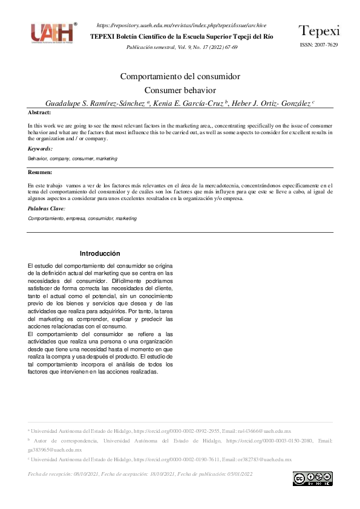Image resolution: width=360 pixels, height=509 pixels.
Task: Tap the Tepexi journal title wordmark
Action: pos(319,31)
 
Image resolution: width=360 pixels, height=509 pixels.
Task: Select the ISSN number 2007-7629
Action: pos(327,45)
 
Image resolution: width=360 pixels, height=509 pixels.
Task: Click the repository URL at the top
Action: pos(182,25)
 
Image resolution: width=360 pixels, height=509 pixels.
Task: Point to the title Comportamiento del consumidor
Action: pos(180,77)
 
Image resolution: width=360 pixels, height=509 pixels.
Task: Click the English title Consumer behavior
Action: pos(180,90)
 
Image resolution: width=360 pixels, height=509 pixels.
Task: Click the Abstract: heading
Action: pos(40,113)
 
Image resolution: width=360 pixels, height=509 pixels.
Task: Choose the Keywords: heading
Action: pos(41,149)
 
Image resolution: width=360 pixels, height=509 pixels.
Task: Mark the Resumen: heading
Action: pos(41,173)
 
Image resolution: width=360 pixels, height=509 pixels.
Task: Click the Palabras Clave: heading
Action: pos(47,209)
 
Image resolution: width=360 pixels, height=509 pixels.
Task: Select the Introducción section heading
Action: pos(100,254)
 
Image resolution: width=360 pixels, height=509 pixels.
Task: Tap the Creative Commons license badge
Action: pos(312,479)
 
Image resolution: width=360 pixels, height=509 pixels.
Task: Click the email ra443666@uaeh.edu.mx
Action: pos(266,431)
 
